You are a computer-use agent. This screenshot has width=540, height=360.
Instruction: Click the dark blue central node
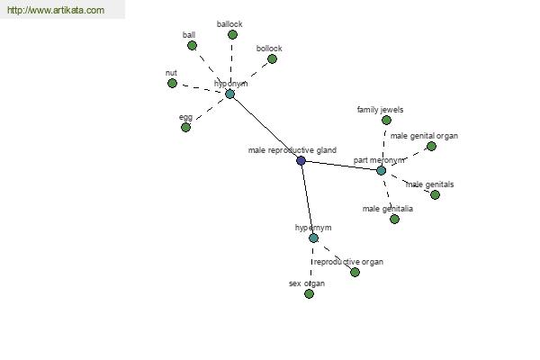click(301, 160)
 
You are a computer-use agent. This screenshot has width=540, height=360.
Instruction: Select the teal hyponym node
click(229, 94)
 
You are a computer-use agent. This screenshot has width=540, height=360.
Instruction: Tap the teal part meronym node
click(381, 170)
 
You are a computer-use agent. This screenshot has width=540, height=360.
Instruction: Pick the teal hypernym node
click(313, 238)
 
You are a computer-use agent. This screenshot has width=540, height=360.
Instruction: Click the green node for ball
click(192, 45)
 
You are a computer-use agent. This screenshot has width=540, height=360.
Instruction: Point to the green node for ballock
click(232, 34)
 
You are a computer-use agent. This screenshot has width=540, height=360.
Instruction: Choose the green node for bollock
click(272, 59)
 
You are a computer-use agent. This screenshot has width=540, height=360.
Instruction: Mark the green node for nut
click(172, 83)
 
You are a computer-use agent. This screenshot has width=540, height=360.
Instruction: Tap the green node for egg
click(185, 127)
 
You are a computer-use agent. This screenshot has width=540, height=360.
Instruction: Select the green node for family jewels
click(386, 120)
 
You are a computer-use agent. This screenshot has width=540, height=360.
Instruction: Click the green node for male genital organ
click(431, 146)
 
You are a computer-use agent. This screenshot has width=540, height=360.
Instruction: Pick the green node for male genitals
click(435, 194)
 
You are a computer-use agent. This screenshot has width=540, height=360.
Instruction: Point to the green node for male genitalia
click(394, 219)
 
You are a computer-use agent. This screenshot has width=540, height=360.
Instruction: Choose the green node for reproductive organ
click(355, 272)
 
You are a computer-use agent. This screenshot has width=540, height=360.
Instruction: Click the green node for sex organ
click(309, 293)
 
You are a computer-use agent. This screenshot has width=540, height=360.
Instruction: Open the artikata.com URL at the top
click(55, 11)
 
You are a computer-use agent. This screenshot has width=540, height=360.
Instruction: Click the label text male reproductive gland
click(292, 150)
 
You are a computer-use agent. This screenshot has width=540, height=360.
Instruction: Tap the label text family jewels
click(380, 110)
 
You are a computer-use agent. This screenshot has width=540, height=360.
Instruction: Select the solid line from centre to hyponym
click(265, 127)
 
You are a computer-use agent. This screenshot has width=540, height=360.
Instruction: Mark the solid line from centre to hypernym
click(307, 199)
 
